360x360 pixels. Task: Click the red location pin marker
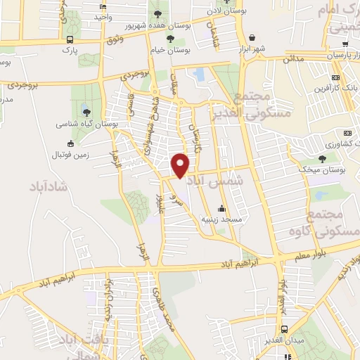click(181, 165)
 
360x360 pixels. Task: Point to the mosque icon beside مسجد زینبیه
click(222, 208)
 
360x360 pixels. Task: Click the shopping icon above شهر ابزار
click(252, 37)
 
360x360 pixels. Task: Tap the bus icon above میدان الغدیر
click(285, 329)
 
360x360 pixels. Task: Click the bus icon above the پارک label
click(69, 41)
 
